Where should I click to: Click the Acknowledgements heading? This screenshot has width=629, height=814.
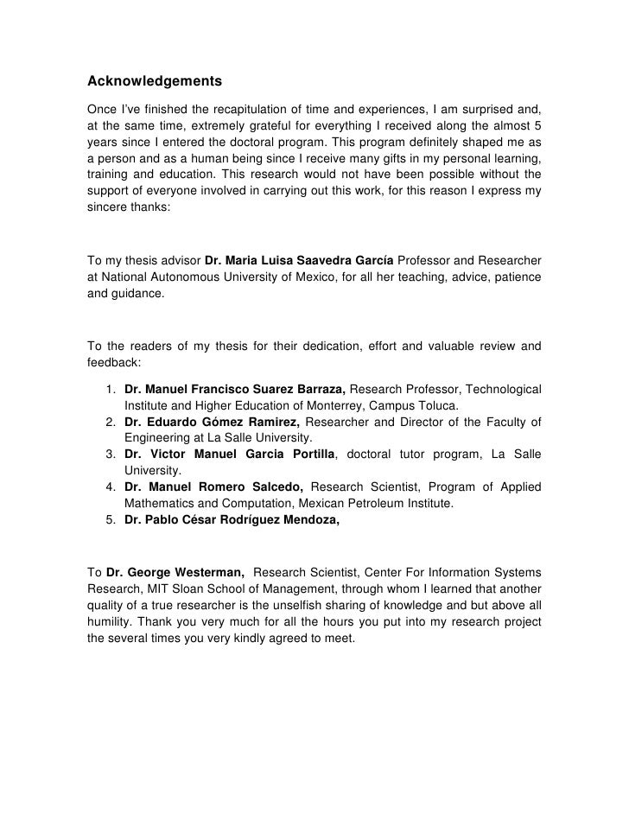(156, 82)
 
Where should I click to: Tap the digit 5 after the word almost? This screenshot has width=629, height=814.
(537, 127)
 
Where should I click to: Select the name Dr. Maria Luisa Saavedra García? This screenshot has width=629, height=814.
(299, 260)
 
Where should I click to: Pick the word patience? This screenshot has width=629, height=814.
(515, 277)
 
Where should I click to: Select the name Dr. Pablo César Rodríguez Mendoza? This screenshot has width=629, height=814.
(232, 521)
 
